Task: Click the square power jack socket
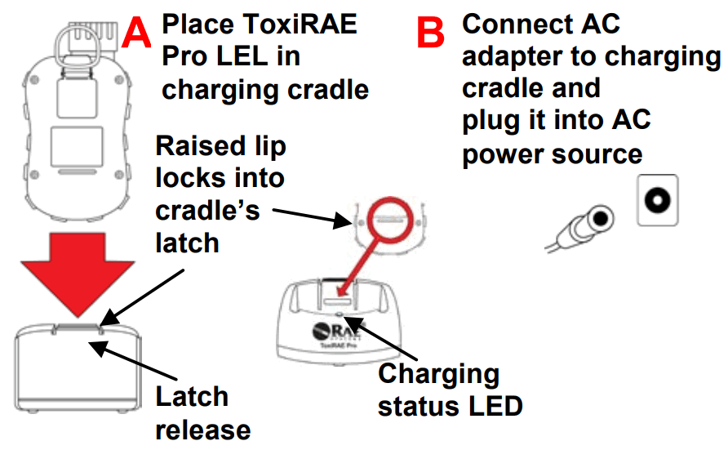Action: coord(658,199)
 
